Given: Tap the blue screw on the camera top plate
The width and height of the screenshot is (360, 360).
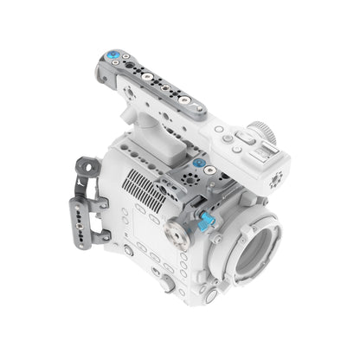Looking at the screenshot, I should point(199,163).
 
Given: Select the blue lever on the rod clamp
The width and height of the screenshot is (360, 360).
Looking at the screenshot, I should point(205,222).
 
